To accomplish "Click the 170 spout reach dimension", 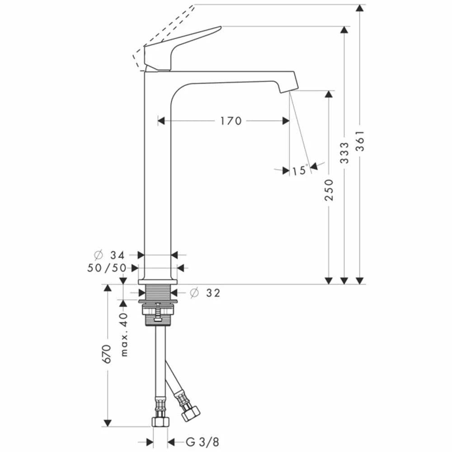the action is click(231, 121).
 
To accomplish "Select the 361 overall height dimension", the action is click(360, 141).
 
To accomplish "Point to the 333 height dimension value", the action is click(344, 152).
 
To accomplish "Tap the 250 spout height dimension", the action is click(329, 190).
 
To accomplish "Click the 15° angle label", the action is click(300, 170).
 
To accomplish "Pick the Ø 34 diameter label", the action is click(109, 255).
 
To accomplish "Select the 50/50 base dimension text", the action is click(107, 268).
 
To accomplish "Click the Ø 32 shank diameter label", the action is click(205, 293).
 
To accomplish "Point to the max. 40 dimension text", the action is click(124, 334).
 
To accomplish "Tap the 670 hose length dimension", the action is click(107, 354).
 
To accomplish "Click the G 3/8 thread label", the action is click(202, 442).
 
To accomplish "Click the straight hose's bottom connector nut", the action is click(160, 422).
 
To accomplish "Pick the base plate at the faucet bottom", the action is click(158, 282).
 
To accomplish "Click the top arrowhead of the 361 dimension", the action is click(360, 8).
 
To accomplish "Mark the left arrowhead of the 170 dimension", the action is click(161, 121).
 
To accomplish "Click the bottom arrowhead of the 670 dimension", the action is click(107, 423).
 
